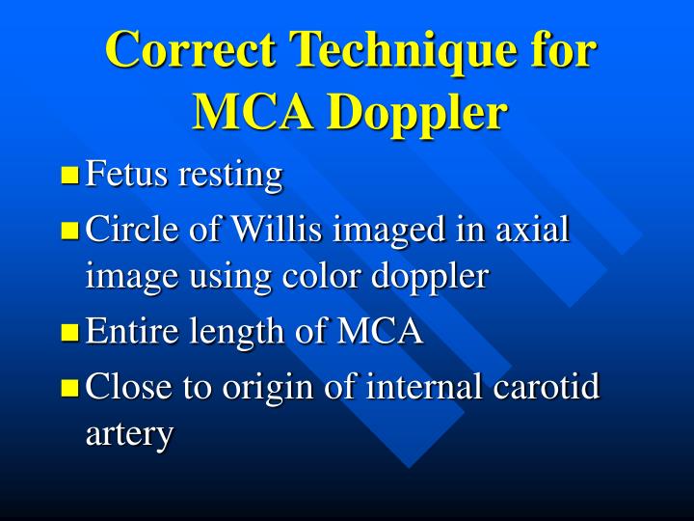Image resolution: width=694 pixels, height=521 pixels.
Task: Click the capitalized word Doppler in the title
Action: (417, 112)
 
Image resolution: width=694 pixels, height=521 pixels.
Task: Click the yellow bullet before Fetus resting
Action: (69, 176)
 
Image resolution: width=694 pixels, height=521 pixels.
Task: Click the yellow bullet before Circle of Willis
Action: (69, 232)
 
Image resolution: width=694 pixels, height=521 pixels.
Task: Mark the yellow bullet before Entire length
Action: (69, 334)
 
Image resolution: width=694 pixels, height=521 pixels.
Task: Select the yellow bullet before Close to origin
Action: (69, 389)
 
